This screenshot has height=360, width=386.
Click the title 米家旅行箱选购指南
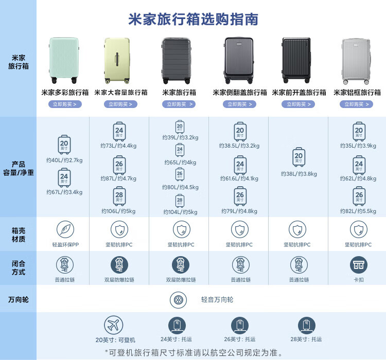tap(193, 19)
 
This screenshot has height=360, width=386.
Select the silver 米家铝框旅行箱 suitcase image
tap(357, 60)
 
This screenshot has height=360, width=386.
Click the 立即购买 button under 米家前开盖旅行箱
tap(299, 104)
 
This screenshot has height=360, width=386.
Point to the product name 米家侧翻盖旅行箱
tap(240, 93)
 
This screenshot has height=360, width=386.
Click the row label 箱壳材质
tap(18, 235)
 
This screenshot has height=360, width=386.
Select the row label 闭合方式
tap(18, 267)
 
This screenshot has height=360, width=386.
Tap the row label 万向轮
tap(18, 299)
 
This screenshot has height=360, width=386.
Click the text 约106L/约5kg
tap(118, 211)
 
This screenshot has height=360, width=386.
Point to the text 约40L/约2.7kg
tap(64, 160)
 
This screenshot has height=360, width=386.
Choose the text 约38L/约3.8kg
tap(299, 174)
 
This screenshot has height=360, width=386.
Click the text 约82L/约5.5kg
tap(358, 211)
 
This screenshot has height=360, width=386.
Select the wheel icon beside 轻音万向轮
tap(178, 299)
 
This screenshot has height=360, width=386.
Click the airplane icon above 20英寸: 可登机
tap(114, 325)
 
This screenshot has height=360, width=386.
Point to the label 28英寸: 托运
tap(306, 339)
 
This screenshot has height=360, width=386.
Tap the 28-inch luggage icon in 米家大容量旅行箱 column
tap(119, 196)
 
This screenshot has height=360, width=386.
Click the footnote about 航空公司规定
tap(194, 353)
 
